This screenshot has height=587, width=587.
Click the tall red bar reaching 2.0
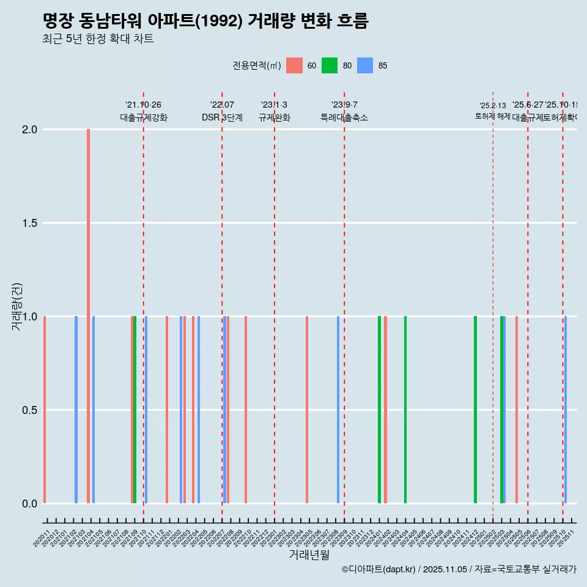pyautogui.click(x=89, y=316)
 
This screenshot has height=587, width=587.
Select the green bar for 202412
pyautogui.click(x=475, y=410)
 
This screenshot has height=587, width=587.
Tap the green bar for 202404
pyautogui.click(x=405, y=410)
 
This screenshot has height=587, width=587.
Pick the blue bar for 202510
pyautogui.click(x=566, y=410)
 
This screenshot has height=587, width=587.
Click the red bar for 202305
pyautogui.click(x=307, y=410)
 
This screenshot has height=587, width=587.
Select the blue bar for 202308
pyautogui.click(x=338, y=410)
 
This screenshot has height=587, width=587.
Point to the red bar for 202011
pyautogui.click(x=45, y=410)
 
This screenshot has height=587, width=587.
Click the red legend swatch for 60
pyautogui.click(x=295, y=65)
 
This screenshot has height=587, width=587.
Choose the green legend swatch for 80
pyautogui.click(x=330, y=65)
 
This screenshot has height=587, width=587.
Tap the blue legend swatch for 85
pyautogui.click(x=365, y=65)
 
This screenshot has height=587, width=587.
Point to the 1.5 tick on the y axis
pyautogui.click(x=29, y=223)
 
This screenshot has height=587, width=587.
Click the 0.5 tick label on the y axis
pyautogui.click(x=29, y=410)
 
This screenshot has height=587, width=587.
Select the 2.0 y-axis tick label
pyautogui.click(x=29, y=130)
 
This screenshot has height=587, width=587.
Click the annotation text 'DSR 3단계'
pyautogui.click(x=222, y=117)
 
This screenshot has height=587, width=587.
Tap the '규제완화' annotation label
pyautogui.click(x=274, y=117)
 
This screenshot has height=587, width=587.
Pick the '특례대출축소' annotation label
pyautogui.click(x=344, y=117)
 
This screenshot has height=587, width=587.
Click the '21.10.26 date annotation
pyautogui.click(x=143, y=105)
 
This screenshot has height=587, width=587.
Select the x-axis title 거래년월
pyautogui.click(x=309, y=555)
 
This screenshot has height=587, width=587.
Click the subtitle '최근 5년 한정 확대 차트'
pyautogui.click(x=98, y=39)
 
